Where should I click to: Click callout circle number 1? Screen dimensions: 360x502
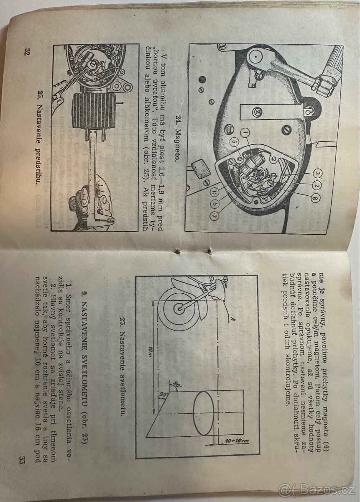(x=246, y=134)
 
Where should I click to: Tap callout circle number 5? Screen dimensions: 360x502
(x=234, y=142)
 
